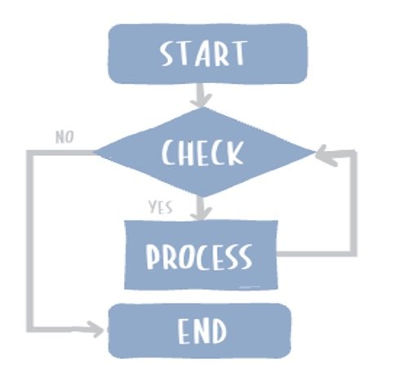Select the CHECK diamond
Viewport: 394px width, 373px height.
pos(203,153)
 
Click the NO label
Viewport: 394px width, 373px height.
pos(65,136)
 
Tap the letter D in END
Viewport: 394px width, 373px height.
pos(217,331)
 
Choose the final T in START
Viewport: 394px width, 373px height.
pos(237,54)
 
